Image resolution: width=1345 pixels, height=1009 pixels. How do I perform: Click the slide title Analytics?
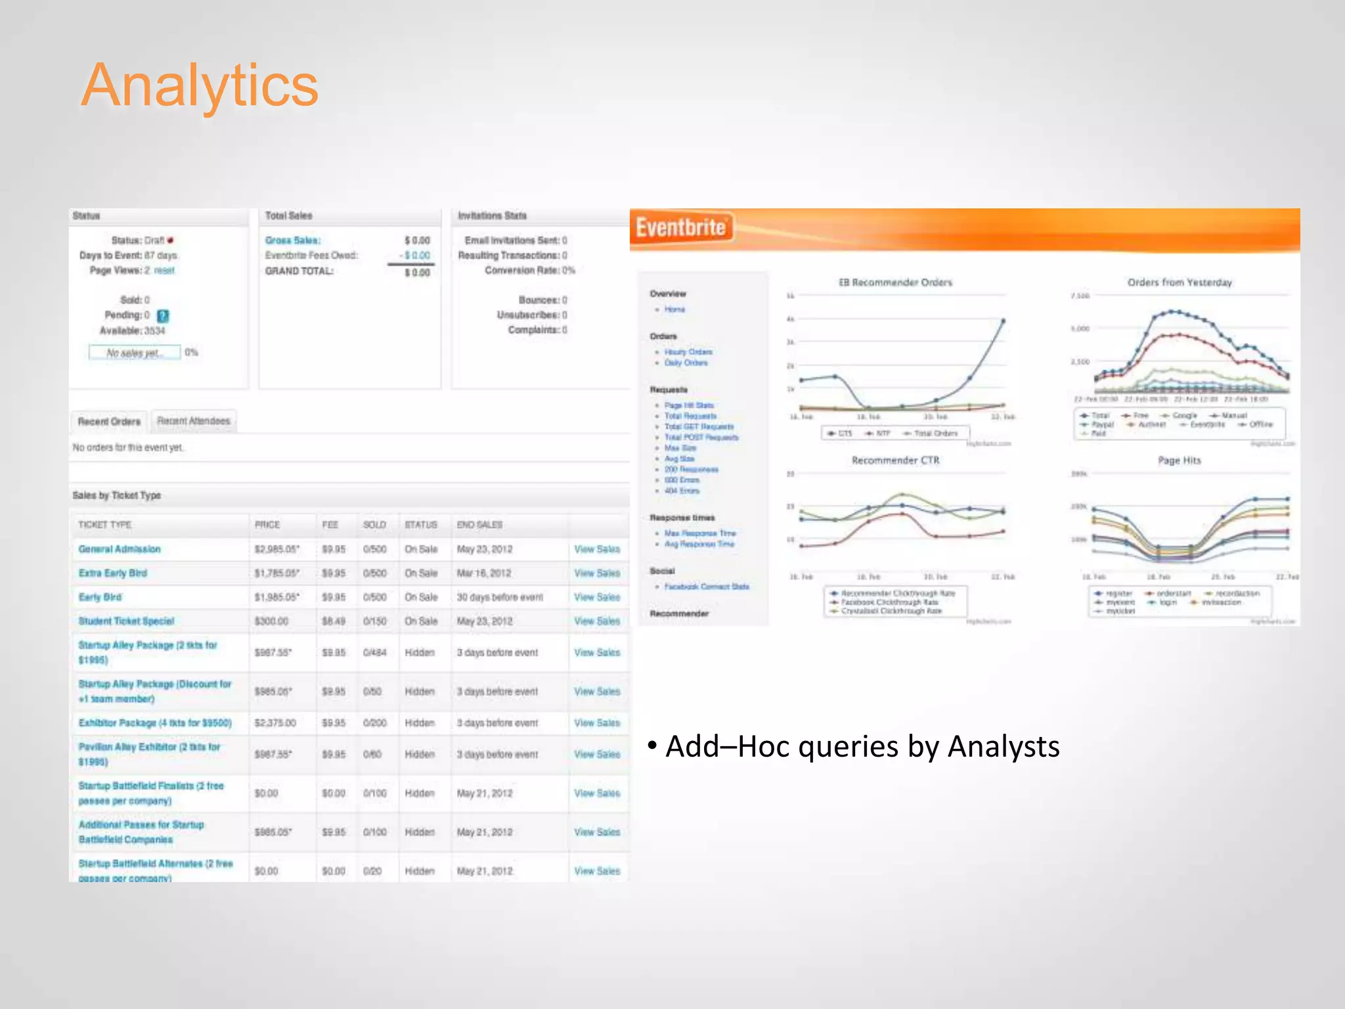(x=200, y=85)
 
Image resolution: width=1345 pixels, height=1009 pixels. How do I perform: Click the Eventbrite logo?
(x=680, y=228)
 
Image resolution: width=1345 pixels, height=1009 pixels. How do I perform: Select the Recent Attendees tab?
(x=194, y=421)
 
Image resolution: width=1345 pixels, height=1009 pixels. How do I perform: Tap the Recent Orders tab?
(x=109, y=422)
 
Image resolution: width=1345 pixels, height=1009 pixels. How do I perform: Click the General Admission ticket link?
(x=120, y=549)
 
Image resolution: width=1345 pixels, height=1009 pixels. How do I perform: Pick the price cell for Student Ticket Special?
(x=271, y=621)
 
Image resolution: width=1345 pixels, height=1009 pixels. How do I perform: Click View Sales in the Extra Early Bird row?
(x=596, y=573)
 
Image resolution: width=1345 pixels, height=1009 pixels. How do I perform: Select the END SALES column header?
(x=479, y=525)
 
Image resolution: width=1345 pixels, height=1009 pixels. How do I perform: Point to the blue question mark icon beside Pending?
(x=163, y=316)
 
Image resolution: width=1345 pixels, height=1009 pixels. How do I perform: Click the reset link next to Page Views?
(x=164, y=271)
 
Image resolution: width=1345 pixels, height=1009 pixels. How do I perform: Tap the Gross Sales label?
(x=293, y=240)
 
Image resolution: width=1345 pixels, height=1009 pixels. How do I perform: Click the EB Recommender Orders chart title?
(x=895, y=282)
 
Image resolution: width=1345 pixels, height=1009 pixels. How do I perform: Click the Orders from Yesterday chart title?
(x=1180, y=282)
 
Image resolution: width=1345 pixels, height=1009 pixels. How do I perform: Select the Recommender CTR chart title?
(x=895, y=460)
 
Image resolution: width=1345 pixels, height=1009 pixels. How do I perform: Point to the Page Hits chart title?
(x=1179, y=460)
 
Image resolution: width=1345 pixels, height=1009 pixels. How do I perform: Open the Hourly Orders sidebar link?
(x=688, y=352)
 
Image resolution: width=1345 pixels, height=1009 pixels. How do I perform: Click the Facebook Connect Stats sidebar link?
(x=706, y=587)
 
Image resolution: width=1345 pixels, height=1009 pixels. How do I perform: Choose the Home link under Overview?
(x=674, y=309)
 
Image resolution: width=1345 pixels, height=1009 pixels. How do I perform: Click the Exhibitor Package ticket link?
(x=155, y=723)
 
